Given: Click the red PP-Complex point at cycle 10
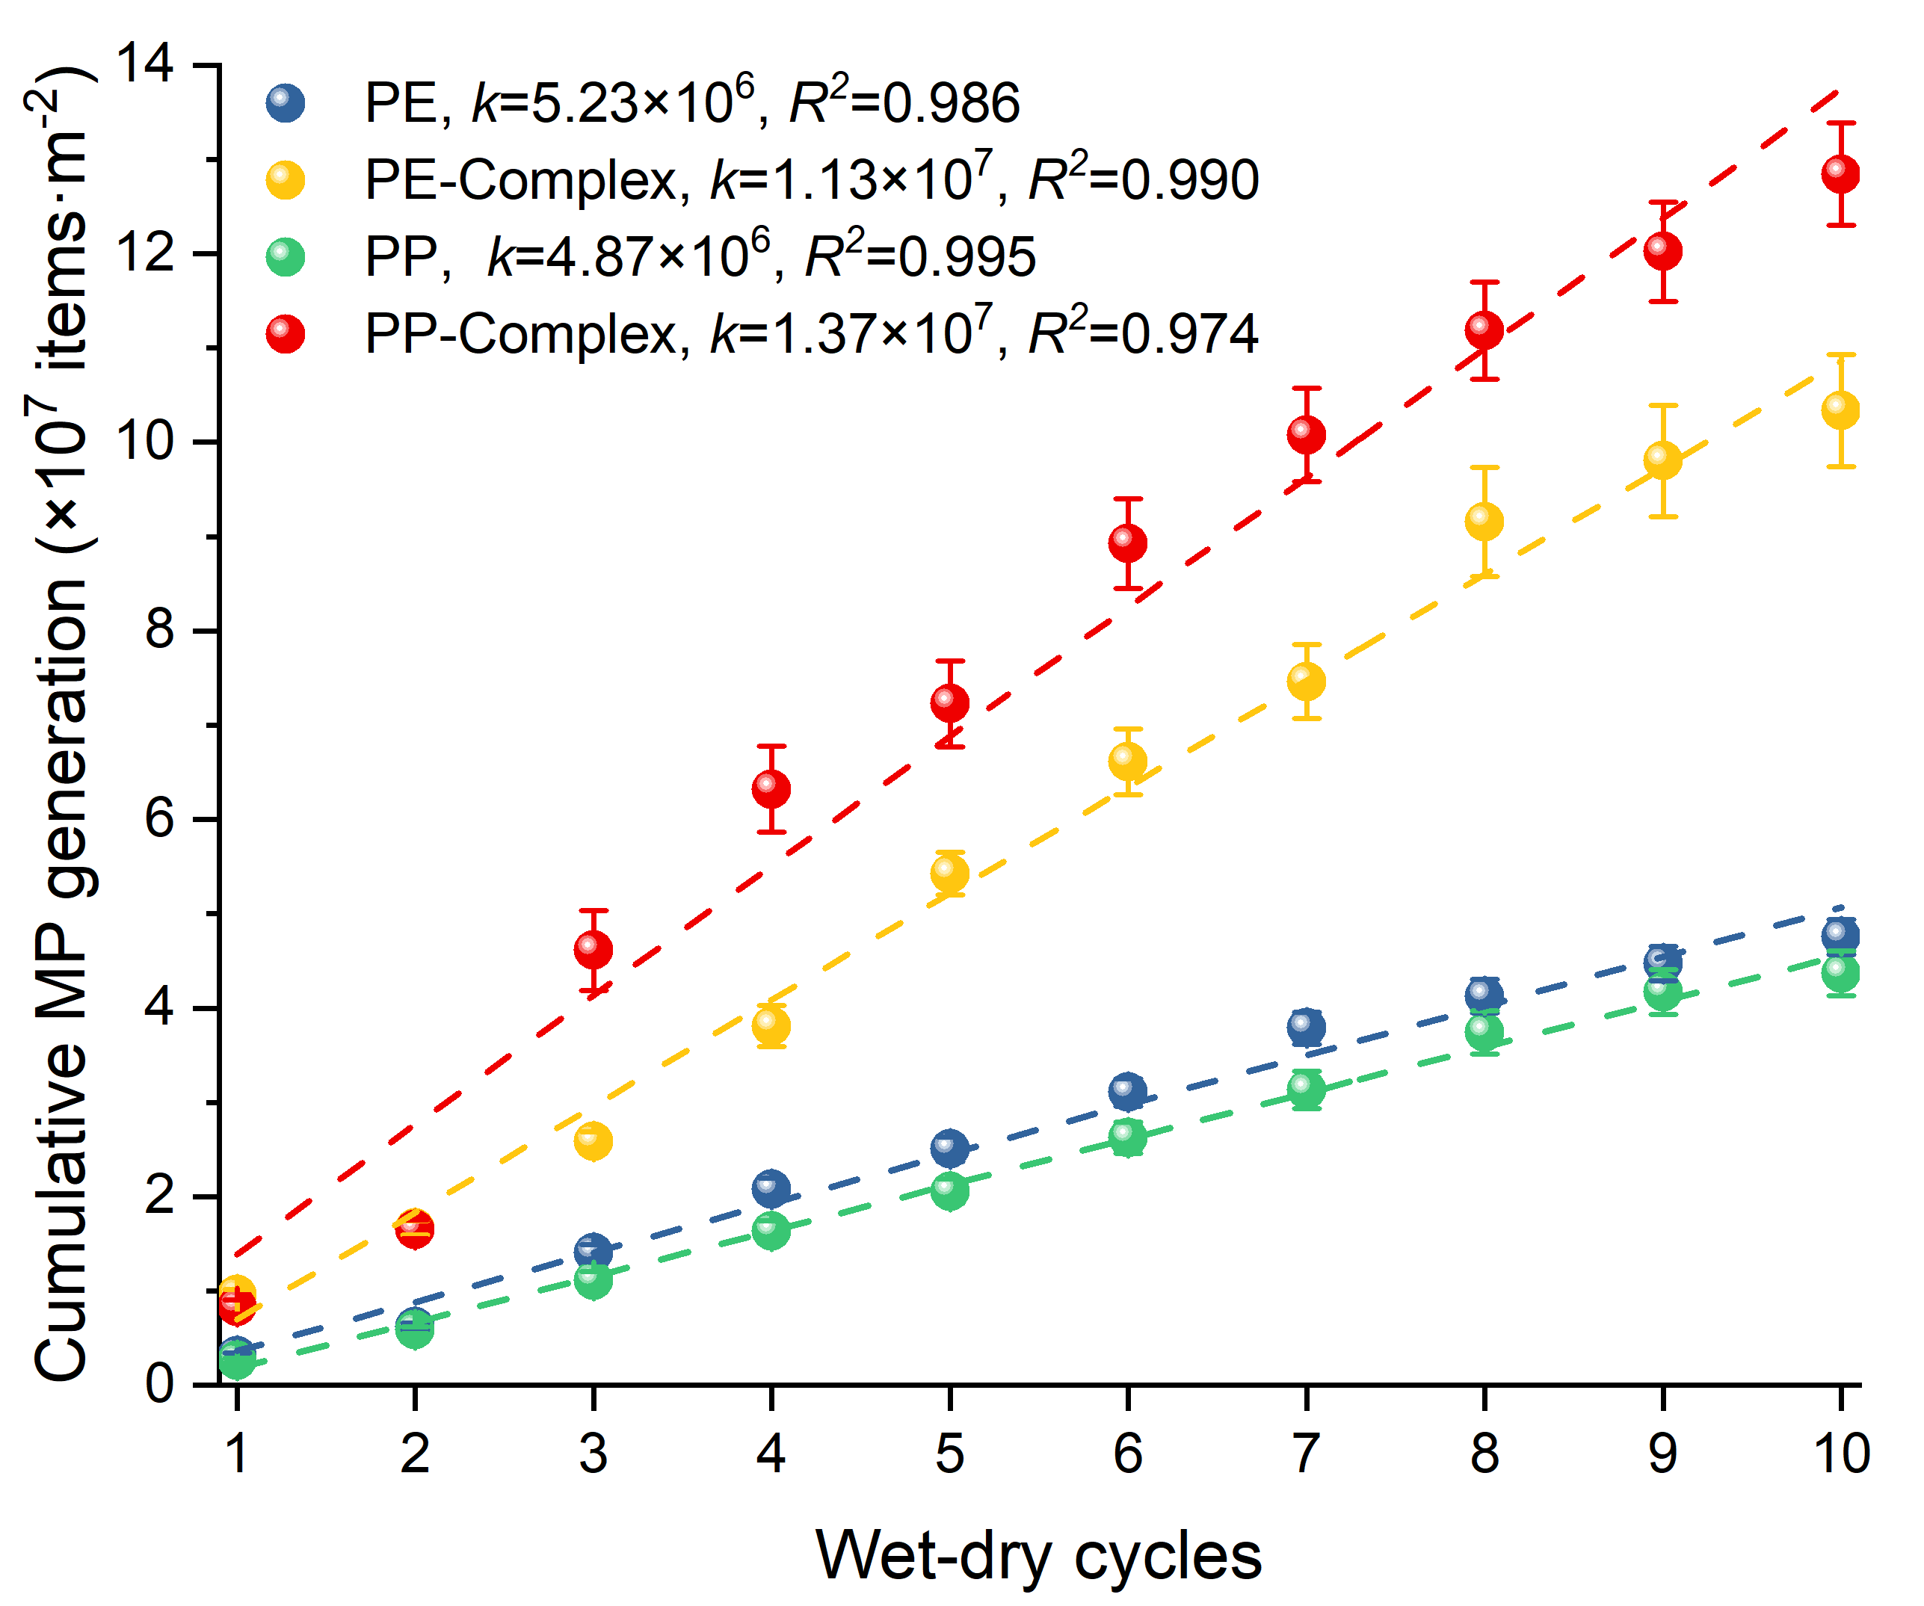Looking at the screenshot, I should click(x=1840, y=173).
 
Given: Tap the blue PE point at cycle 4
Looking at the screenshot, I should click(x=771, y=1188).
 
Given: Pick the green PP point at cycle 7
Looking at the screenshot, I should click(x=1307, y=1088).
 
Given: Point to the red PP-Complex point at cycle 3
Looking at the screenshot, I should click(x=593, y=949).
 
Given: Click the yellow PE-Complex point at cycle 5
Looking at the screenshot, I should click(x=950, y=873).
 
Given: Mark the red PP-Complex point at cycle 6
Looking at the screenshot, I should click(x=1128, y=543).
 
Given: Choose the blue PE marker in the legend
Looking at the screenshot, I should click(x=285, y=102).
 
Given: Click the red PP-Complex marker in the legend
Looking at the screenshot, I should click(x=285, y=333).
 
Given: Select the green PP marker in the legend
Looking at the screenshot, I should click(x=285, y=256).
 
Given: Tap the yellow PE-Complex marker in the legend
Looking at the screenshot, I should click(x=285, y=179).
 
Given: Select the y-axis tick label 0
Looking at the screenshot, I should click(x=159, y=1383).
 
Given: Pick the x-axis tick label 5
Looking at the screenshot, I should click(x=950, y=1454).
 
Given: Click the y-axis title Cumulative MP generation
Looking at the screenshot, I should click(x=62, y=723).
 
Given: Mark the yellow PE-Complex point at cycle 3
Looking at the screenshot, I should click(x=593, y=1141).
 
